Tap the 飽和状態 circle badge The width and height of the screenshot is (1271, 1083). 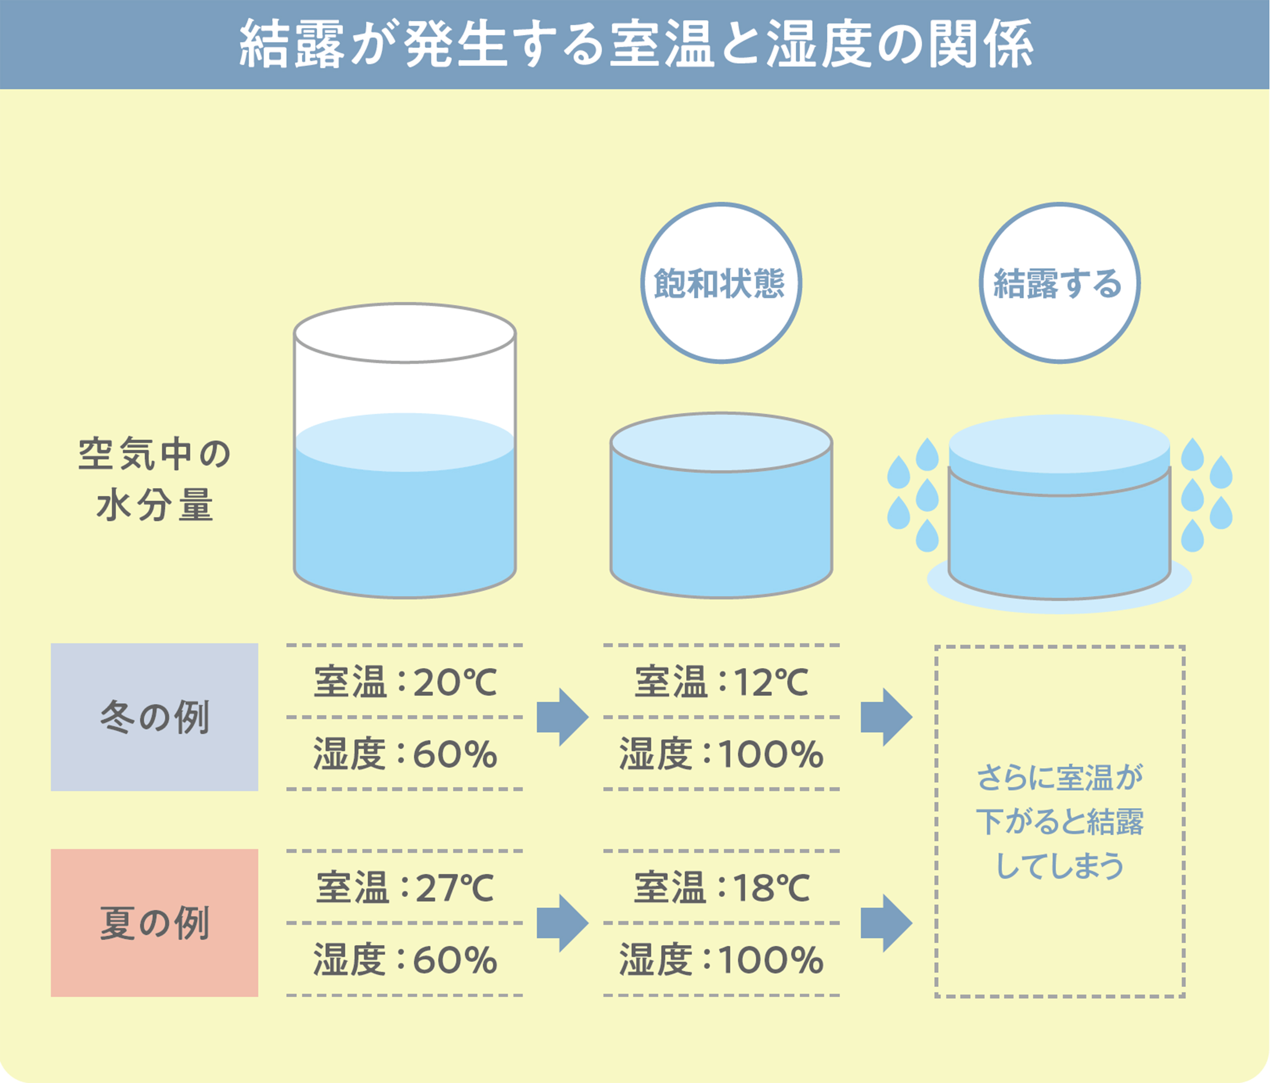(x=721, y=283)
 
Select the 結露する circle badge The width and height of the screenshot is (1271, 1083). (x=1059, y=283)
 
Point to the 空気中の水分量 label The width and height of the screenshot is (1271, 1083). (x=155, y=480)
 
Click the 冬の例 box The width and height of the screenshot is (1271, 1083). (x=155, y=717)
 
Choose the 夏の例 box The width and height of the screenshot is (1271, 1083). (x=155, y=923)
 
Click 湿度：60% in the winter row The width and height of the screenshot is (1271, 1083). (x=405, y=754)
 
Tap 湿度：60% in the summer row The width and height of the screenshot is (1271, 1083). (x=405, y=960)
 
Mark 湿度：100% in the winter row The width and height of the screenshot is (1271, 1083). (x=721, y=754)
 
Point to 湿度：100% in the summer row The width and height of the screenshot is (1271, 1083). (x=721, y=960)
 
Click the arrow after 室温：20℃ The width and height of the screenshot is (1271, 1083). (x=562, y=717)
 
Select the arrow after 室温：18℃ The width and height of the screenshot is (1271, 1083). (x=886, y=923)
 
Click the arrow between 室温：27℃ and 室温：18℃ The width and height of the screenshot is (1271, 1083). (x=562, y=923)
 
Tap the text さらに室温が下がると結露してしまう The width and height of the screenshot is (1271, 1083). (x=1060, y=822)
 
